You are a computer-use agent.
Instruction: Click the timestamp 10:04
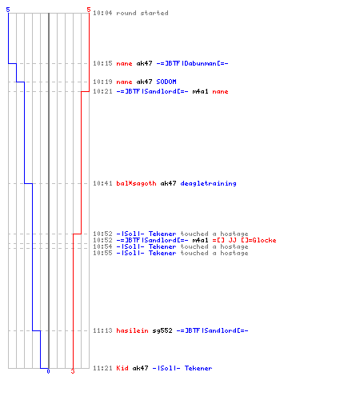(102, 13)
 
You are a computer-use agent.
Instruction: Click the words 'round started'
(142, 13)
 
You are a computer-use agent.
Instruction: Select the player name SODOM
(166, 82)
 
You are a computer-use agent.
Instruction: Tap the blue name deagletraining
(208, 183)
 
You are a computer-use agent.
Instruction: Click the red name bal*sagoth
(136, 183)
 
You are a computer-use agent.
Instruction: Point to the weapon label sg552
(162, 330)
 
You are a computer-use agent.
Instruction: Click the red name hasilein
(132, 330)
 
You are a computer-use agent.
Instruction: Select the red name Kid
(122, 368)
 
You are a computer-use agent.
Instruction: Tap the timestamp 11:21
(102, 368)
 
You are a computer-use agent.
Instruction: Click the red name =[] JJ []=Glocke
(244, 240)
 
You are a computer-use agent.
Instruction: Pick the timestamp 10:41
(102, 183)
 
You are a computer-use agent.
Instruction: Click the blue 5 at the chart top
(8, 10)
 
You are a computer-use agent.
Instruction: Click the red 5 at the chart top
(89, 10)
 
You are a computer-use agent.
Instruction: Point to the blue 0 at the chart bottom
(48, 371)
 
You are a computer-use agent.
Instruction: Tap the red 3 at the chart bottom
(73, 371)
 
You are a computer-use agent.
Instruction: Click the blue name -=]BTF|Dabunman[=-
(192, 63)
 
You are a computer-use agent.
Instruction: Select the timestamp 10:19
(102, 82)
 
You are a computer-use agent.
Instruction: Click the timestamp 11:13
(102, 330)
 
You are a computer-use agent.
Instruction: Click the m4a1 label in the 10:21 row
(200, 91)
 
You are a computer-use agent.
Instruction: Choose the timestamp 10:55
(102, 253)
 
